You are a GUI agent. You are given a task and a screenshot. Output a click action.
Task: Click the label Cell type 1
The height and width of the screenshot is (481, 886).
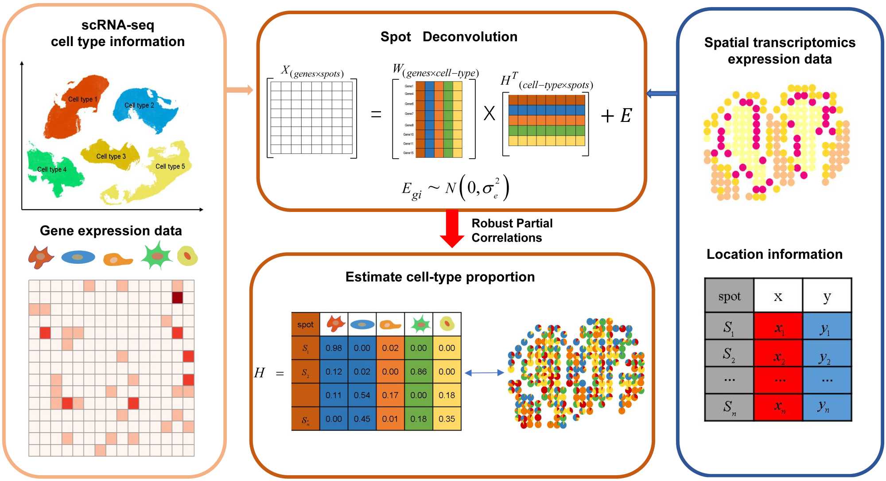click(82, 99)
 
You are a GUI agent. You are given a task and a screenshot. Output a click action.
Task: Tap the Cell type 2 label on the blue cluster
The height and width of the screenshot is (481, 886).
click(139, 105)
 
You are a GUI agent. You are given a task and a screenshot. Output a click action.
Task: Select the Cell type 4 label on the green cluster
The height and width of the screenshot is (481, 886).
click(52, 169)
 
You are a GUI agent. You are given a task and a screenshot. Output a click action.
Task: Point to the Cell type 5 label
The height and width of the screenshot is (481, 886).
click(170, 166)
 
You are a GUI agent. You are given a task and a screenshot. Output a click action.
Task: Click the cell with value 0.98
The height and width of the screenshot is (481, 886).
click(334, 348)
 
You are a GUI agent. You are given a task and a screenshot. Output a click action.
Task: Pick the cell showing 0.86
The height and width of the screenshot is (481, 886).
click(418, 372)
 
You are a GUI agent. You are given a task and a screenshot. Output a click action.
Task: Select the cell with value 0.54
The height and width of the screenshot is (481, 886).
click(362, 395)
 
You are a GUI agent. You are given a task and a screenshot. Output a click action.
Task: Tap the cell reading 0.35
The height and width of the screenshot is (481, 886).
click(447, 418)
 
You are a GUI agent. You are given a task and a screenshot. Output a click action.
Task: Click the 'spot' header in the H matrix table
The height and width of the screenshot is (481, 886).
click(305, 325)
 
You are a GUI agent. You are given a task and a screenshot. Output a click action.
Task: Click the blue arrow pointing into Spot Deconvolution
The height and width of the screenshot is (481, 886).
click(662, 93)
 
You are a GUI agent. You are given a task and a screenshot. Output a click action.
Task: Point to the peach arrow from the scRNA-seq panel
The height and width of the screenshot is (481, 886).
click(239, 90)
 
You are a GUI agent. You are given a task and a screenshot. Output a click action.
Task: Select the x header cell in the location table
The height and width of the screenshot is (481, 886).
click(778, 296)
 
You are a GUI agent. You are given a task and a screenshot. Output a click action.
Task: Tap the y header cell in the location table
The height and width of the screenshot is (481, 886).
click(827, 296)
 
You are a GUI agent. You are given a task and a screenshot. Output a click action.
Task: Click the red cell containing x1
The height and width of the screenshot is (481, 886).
click(778, 327)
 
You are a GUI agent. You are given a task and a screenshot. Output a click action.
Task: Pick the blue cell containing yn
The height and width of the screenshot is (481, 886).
click(827, 407)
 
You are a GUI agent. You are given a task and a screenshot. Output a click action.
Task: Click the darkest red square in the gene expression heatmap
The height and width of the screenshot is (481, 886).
click(177, 297)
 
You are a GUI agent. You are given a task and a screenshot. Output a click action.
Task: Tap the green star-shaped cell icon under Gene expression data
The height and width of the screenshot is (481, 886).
click(157, 255)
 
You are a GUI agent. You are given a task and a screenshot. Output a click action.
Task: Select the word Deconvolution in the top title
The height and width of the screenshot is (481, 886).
click(470, 37)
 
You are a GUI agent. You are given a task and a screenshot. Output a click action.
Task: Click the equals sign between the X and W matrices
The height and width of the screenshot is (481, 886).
click(376, 115)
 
